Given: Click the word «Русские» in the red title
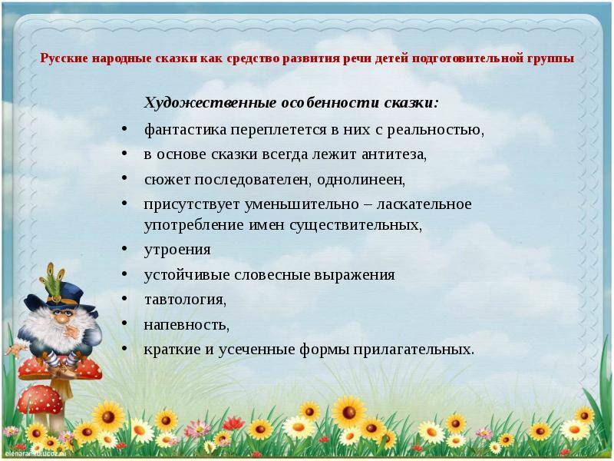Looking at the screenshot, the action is click(x=64, y=58).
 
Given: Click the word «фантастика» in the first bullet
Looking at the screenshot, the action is click(x=186, y=130).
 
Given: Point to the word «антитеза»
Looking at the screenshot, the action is click(x=394, y=154).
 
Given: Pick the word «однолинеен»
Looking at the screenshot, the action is click(x=361, y=180).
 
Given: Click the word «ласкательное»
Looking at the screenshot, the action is click(x=424, y=204).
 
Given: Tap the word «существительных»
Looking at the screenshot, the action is click(x=356, y=225).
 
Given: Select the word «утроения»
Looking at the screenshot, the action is click(x=177, y=250).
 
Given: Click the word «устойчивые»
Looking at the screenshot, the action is click(x=187, y=275).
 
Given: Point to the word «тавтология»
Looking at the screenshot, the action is click(x=185, y=300).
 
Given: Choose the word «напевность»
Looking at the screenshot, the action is click(x=187, y=325).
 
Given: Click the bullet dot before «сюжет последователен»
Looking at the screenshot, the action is click(x=124, y=178).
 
